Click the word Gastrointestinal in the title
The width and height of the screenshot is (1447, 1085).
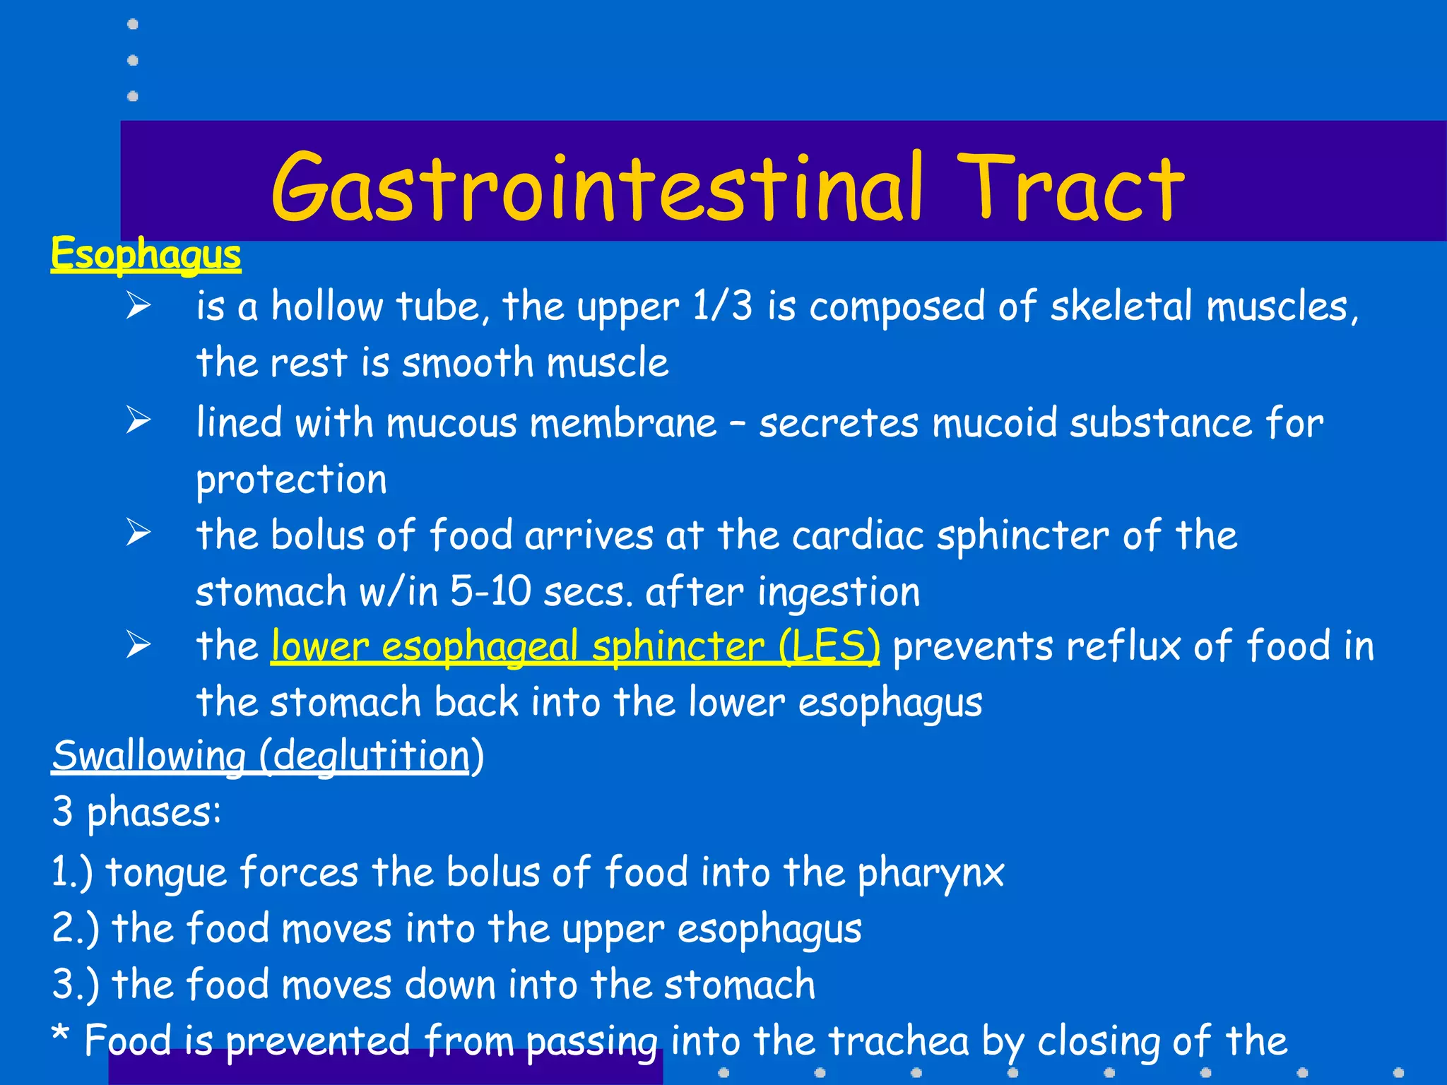tap(597, 187)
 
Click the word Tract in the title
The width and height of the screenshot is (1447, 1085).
tap(1070, 187)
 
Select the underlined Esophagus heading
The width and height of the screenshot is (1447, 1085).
tap(146, 254)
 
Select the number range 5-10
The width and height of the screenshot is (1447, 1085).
tap(490, 591)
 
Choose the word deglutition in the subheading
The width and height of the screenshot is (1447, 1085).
tap(371, 757)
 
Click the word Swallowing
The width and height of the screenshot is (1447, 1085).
tap(148, 757)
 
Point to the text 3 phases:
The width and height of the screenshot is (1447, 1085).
tap(136, 812)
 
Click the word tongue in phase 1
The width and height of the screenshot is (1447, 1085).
tap(166, 873)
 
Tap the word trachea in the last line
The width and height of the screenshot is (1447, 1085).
tap(898, 1040)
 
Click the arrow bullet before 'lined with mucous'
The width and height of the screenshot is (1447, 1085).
tap(138, 420)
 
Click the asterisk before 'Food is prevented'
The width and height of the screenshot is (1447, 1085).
tap(61, 1035)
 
